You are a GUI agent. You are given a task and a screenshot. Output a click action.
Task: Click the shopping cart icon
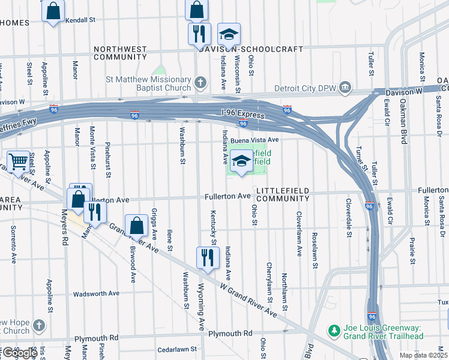(19, 161)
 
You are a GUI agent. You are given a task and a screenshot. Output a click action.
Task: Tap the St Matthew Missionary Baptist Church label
(148, 83)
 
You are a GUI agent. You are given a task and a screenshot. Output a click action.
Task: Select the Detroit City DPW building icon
(345, 88)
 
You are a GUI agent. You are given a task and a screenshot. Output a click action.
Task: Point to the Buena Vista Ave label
(257, 139)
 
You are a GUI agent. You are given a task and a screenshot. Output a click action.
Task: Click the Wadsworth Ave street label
(96, 294)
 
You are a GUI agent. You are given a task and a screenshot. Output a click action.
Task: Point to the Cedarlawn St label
(176, 349)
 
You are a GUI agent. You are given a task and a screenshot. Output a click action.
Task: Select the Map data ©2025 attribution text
(423, 355)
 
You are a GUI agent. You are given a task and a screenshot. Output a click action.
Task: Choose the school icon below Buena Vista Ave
(241, 161)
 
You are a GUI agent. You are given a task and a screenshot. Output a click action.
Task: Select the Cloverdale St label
(348, 218)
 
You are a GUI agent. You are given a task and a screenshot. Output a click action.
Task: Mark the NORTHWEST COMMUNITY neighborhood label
(119, 53)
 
